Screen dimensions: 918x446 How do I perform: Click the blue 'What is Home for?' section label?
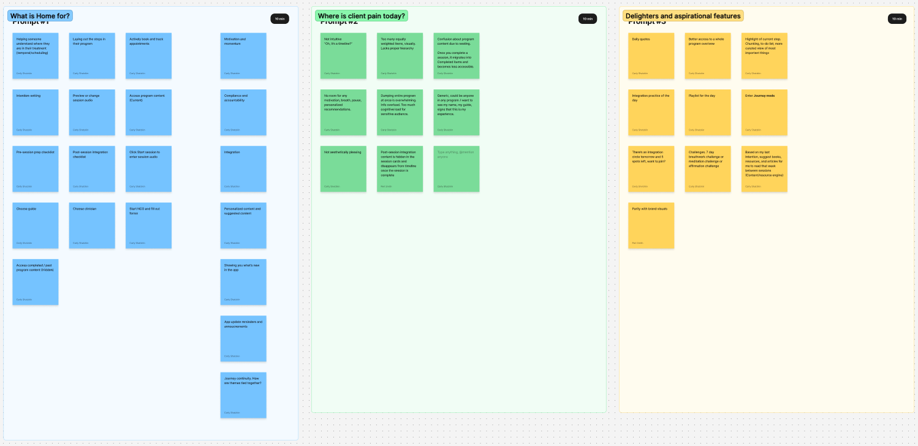coord(40,16)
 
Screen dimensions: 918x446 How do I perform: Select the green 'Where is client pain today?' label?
coord(361,16)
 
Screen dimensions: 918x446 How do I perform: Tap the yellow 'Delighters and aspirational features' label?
coord(683,16)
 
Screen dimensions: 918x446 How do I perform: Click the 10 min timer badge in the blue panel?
coord(279,19)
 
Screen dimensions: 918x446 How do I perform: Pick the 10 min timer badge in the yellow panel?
coord(897,19)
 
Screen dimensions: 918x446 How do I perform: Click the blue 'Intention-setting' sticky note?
coord(36,113)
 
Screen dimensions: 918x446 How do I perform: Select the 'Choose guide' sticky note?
coord(36,225)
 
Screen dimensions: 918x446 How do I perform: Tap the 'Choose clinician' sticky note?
coord(92,225)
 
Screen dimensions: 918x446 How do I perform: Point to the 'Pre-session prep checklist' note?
coord(36,169)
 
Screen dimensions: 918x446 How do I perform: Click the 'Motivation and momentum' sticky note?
coord(243,56)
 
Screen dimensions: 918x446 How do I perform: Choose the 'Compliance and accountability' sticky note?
coord(243,113)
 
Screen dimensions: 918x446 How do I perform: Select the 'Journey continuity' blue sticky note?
coord(243,395)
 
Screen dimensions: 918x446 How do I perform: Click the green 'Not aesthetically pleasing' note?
coord(343,169)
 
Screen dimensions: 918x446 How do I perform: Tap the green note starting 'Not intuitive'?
coord(343,56)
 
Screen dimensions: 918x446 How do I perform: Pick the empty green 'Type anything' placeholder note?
coord(456,169)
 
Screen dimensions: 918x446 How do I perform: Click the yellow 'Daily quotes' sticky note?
coord(651,56)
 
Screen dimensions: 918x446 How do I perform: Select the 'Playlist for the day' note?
coord(707,113)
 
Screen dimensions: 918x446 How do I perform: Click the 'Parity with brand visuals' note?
coord(651,225)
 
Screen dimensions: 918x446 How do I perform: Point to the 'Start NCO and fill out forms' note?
coord(148,225)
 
